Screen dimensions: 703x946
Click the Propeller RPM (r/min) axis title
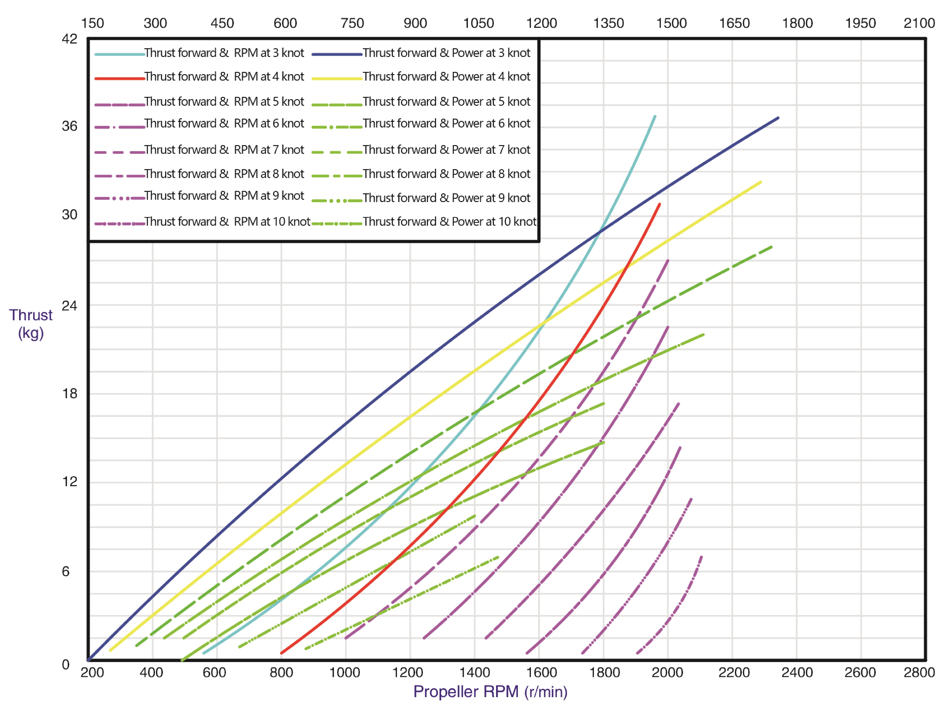490,691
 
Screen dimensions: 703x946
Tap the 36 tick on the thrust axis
69,126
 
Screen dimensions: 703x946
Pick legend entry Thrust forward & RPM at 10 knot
227,222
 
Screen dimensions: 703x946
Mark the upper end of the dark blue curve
778,118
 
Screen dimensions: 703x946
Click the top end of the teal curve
654,116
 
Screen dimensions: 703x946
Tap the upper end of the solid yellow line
760,182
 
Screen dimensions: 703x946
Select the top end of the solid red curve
660,204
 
